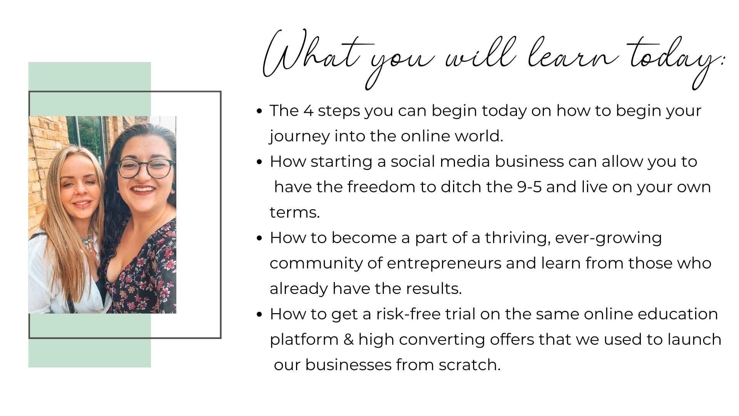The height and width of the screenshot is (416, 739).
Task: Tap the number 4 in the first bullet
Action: click(x=308, y=111)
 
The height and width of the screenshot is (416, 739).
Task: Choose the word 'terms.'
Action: click(x=295, y=213)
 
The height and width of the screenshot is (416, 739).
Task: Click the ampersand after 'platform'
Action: click(x=348, y=340)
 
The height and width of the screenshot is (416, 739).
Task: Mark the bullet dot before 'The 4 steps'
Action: click(x=259, y=111)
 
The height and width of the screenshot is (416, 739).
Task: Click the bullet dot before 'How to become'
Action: click(x=259, y=238)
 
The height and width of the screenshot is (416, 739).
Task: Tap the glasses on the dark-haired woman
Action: click(x=145, y=168)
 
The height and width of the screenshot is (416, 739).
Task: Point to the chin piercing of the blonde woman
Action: click(x=83, y=208)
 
